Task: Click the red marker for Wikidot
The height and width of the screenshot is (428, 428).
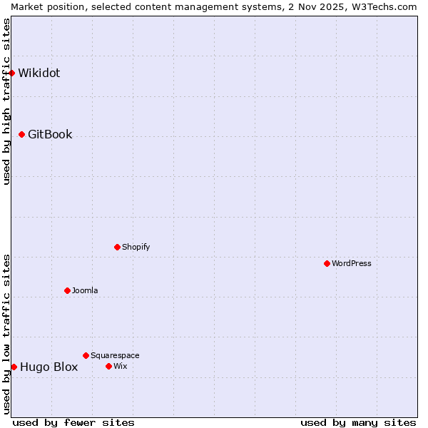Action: point(12,73)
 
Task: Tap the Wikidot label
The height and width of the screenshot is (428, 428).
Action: point(39,73)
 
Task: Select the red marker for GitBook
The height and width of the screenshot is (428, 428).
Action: point(22,134)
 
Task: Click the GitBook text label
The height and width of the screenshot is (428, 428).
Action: point(50,134)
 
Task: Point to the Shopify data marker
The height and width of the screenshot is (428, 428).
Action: point(117,247)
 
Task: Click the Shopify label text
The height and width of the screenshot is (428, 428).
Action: point(136,247)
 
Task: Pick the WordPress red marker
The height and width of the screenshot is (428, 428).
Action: point(327,263)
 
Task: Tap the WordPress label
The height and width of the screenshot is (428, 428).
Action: point(352,263)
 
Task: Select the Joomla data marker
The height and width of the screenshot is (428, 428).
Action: point(67,290)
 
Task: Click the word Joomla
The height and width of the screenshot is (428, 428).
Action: point(85,290)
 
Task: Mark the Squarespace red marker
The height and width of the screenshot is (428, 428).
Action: point(86,355)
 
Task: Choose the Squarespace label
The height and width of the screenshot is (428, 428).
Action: point(115,355)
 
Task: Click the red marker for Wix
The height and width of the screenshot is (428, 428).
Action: point(108,366)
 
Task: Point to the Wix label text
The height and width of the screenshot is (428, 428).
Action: point(121,366)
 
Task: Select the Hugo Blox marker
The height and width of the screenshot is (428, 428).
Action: point(14,367)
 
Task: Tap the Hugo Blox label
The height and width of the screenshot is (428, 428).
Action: point(49,367)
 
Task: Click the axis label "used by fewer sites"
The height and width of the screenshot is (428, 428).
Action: point(73,422)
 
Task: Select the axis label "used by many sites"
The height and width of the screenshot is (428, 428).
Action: point(358,422)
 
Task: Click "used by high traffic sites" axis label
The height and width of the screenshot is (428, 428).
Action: point(6,101)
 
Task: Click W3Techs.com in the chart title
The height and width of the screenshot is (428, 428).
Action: point(383,6)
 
